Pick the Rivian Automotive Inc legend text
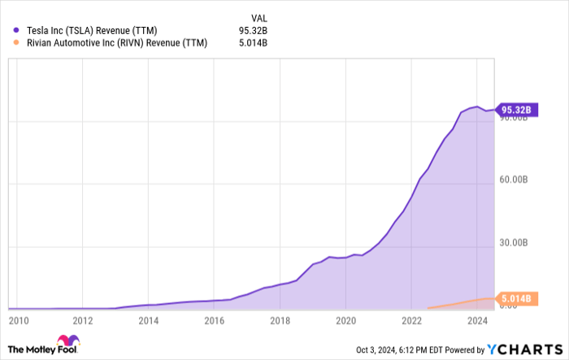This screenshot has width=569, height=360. (x=113, y=44)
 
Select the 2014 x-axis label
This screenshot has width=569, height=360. (x=148, y=321)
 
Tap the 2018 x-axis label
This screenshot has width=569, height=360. (x=280, y=321)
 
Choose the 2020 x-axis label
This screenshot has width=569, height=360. (x=345, y=321)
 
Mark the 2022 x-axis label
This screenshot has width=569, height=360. (x=411, y=321)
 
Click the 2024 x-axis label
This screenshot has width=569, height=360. (x=478, y=321)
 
